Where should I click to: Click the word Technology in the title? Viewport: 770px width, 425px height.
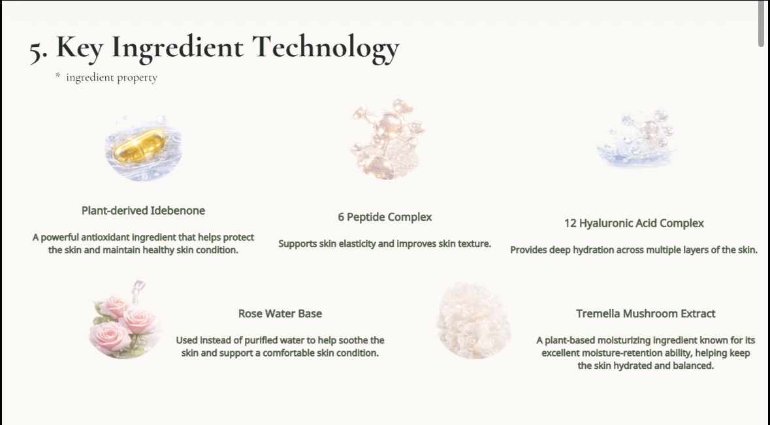click(x=326, y=48)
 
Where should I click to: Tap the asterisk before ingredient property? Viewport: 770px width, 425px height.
click(x=58, y=76)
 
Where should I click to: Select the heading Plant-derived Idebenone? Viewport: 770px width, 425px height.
click(x=143, y=210)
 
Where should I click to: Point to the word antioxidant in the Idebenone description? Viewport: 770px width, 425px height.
click(x=104, y=238)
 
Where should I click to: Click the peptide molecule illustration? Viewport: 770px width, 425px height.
click(x=388, y=139)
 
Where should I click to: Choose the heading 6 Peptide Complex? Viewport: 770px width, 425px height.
click(x=385, y=217)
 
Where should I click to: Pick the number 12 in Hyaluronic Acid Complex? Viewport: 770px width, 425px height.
click(x=570, y=223)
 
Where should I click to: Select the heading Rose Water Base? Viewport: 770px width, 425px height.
click(x=280, y=313)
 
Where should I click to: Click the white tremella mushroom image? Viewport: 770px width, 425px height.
click(x=474, y=321)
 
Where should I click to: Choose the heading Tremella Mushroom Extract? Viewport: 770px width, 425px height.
click(x=645, y=313)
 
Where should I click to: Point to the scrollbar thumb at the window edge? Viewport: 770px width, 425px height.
click(x=761, y=24)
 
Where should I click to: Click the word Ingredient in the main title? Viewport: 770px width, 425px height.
click(x=177, y=48)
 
